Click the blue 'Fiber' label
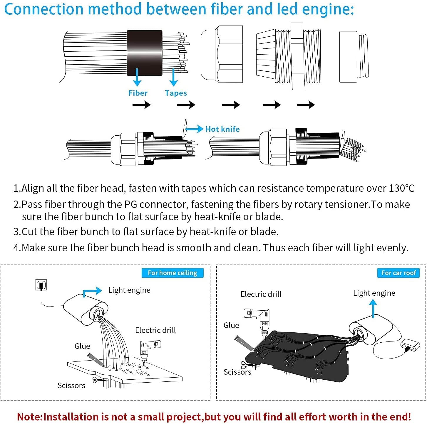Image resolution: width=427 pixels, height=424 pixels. click(x=138, y=93)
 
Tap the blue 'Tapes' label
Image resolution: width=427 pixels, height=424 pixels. click(x=176, y=93)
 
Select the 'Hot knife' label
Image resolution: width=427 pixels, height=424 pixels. click(x=222, y=129)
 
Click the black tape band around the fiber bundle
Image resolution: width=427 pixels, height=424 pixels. click(x=144, y=53)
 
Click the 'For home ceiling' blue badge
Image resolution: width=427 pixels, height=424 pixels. click(x=172, y=273)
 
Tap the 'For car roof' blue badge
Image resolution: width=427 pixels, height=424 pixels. click(x=398, y=273)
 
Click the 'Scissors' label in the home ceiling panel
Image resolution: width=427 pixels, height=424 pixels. click(x=71, y=386)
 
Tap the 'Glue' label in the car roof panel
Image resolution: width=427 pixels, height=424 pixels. click(x=231, y=325)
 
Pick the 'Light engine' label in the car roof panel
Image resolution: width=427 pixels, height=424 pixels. click(x=374, y=293)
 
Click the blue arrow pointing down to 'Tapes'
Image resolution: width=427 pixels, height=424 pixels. click(x=174, y=78)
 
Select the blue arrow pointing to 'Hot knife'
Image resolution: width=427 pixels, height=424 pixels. click(x=195, y=129)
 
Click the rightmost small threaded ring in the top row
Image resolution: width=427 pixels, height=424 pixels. click(x=354, y=57)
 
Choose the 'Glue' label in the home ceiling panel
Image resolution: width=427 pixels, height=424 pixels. click(x=82, y=346)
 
